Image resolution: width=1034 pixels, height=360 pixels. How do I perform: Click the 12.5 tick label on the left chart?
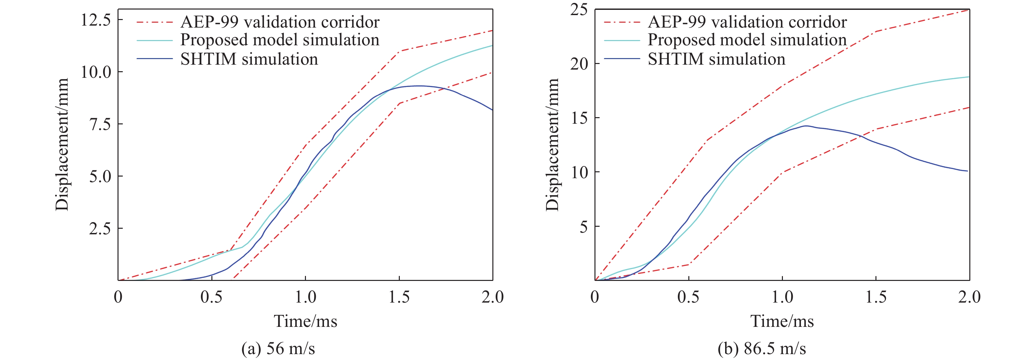coord(96,20)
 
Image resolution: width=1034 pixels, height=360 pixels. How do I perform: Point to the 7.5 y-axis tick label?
coord(100,124)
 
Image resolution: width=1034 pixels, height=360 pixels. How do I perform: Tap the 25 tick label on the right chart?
coord(578,9)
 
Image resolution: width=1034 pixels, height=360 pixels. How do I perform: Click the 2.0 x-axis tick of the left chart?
coord(492,297)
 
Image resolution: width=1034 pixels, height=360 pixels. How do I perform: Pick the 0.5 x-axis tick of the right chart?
coord(688,297)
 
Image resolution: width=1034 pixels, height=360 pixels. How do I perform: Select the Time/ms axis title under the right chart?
coord(782,321)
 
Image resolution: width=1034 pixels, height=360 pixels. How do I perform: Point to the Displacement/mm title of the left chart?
coord(62,144)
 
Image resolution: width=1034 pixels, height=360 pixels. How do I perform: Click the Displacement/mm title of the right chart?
coord(552,144)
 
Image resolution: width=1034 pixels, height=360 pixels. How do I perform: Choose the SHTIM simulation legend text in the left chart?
coord(249,59)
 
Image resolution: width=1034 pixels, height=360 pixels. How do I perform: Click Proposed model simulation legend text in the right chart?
coord(747,40)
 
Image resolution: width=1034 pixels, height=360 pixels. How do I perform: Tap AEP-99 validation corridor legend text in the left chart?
coord(280,22)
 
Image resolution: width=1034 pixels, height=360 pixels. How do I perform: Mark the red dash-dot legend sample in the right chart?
coord(622,22)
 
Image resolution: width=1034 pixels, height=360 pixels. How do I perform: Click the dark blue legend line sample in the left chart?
coord(155,59)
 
